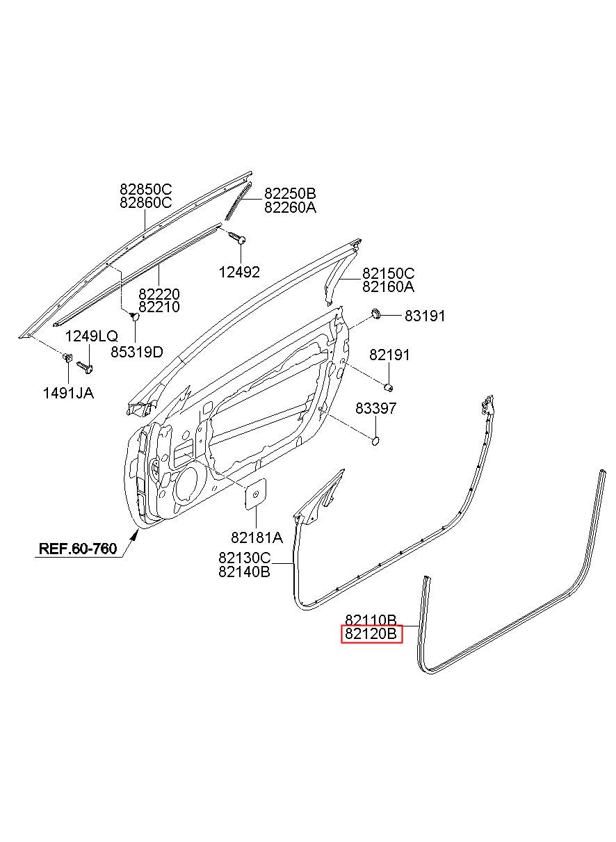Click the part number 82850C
tap(145, 189)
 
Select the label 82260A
tap(289, 207)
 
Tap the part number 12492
tap(241, 272)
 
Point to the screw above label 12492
tap(237, 238)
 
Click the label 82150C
tap(387, 273)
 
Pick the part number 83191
tap(425, 316)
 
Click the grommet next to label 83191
tap(376, 315)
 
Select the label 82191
tap(389, 355)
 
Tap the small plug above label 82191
tap(390, 387)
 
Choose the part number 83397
tap(375, 408)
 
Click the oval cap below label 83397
tap(375, 439)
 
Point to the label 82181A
tap(257, 537)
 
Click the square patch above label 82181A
tap(255, 493)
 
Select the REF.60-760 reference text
tap(77, 548)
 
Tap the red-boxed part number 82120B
tap(371, 634)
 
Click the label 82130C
tap(244, 558)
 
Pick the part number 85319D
tap(136, 352)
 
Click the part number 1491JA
tap(67, 394)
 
